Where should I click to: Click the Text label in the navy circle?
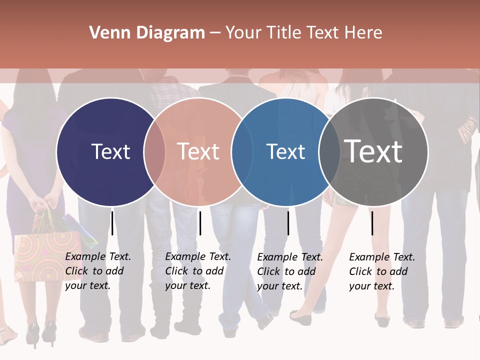pyautogui.click(x=110, y=151)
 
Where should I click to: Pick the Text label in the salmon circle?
pyautogui.click(x=198, y=151)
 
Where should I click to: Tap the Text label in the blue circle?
pyautogui.click(x=285, y=151)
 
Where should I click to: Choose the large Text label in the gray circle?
pyautogui.click(x=373, y=151)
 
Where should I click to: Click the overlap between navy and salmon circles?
pyautogui.click(x=154, y=151)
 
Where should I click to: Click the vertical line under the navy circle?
pyautogui.click(x=112, y=223)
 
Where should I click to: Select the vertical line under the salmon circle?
pyautogui.click(x=200, y=223)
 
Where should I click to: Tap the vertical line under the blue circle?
pyautogui.click(x=288, y=223)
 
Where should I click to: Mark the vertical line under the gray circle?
pyautogui.click(x=372, y=223)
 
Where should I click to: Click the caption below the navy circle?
pyautogui.click(x=98, y=271)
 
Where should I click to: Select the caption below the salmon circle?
pyautogui.click(x=198, y=271)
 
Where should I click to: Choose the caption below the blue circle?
pyautogui.click(x=290, y=271)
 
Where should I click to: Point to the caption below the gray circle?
pyautogui.click(x=382, y=271)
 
